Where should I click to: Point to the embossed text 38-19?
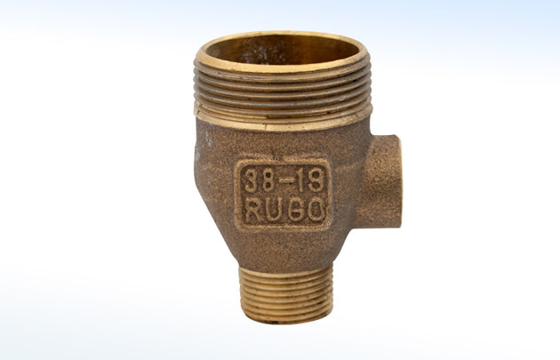click(283, 181)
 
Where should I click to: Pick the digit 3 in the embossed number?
click(252, 181)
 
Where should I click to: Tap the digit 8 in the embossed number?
click(269, 181)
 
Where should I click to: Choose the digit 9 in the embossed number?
click(316, 181)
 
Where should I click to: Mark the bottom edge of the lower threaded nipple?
click(286, 319)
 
